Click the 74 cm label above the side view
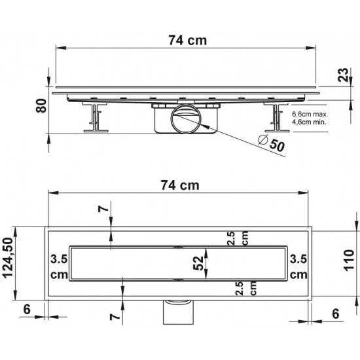[x=188, y=41]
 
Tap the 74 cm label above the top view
[x=180, y=185]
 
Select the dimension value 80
[x=41, y=105]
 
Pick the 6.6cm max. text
[x=310, y=114]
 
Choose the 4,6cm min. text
[x=309, y=122]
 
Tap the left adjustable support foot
[x=95, y=117]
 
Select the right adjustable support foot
[x=276, y=117]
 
